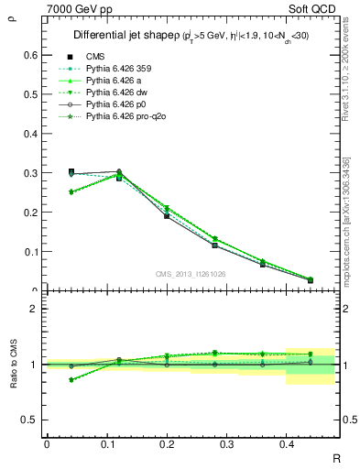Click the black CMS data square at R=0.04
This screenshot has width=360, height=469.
click(x=72, y=171)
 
